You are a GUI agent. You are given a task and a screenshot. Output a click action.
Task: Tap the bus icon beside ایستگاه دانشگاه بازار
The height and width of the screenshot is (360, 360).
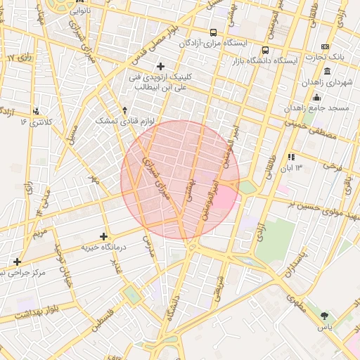coord(265,51)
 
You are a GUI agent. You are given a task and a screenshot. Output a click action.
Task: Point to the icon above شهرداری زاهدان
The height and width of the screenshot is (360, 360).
coord(328,72)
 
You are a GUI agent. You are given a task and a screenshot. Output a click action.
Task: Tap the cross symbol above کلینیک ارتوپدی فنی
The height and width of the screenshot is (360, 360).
coord(160,66)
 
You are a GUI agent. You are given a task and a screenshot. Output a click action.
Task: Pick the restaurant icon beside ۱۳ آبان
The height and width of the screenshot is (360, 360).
coord(290,157)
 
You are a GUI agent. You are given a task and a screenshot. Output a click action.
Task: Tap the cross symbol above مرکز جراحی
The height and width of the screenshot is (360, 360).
coord(17,262)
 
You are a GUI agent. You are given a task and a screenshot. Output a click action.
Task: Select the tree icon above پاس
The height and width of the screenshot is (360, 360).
coord(323,316)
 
